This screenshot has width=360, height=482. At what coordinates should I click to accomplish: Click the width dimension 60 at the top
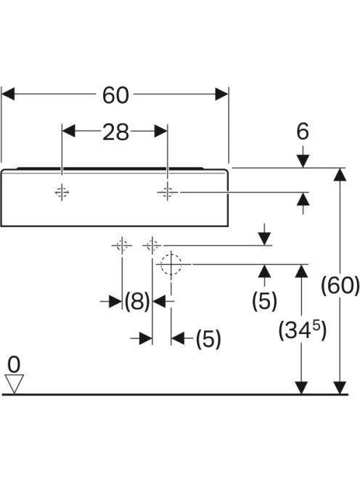(x=115, y=95)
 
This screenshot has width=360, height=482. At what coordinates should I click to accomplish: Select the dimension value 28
(x=115, y=132)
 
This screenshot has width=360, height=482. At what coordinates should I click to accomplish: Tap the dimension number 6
(x=303, y=131)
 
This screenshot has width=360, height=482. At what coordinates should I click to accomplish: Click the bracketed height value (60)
(x=340, y=285)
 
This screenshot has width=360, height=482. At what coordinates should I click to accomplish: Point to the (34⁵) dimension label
(x=302, y=330)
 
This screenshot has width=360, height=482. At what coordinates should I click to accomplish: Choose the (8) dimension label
(x=137, y=301)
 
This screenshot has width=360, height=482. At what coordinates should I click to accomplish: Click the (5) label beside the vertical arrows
(x=264, y=301)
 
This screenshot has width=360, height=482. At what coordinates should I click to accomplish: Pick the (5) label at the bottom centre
(x=208, y=339)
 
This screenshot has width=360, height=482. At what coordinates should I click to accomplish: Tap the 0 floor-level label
(x=14, y=365)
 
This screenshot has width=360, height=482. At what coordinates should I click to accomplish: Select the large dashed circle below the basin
(x=171, y=264)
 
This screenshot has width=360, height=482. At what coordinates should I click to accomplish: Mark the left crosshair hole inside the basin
(x=62, y=192)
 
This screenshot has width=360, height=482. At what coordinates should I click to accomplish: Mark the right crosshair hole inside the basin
(x=168, y=192)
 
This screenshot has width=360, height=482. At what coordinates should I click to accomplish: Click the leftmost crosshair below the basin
(x=122, y=245)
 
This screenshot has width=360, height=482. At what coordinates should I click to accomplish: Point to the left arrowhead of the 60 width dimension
(x=8, y=94)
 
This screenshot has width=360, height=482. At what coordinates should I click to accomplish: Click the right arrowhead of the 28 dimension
(x=161, y=131)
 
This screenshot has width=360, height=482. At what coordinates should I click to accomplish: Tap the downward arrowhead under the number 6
(x=303, y=161)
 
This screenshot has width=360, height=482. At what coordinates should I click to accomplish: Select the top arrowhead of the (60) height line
(x=340, y=174)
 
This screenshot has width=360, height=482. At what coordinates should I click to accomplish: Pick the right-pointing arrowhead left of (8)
(x=116, y=301)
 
